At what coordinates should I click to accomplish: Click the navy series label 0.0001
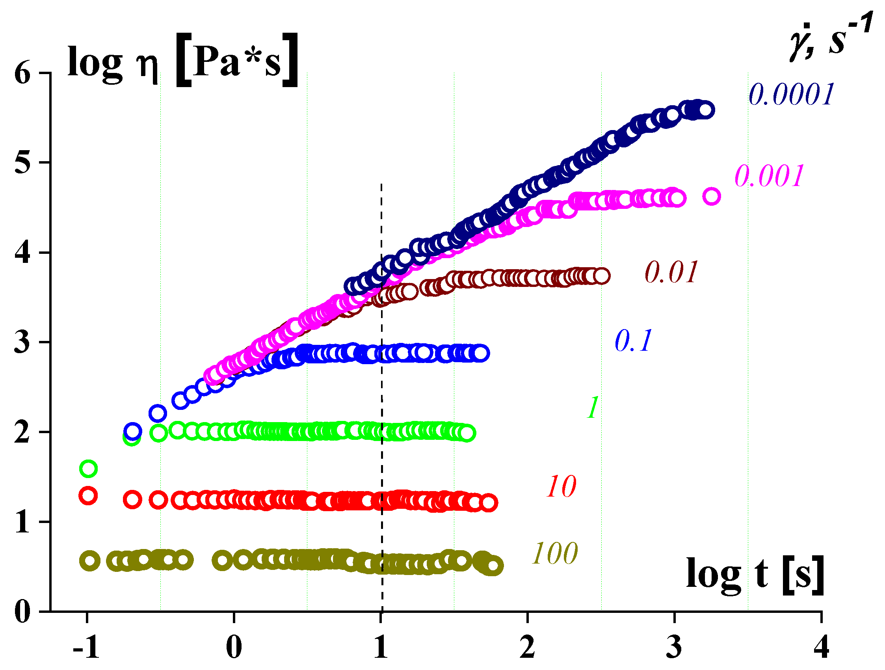(x=791, y=95)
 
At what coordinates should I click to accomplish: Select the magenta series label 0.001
(x=769, y=176)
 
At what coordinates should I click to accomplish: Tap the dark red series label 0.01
(x=671, y=273)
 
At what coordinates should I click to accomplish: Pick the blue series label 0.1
(x=633, y=341)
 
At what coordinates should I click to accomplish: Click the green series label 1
(x=593, y=408)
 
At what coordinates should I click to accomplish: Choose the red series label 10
(x=561, y=487)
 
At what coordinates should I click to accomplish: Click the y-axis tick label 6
(x=22, y=73)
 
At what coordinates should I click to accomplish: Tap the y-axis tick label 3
(x=22, y=342)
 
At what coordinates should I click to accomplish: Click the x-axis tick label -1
(x=86, y=648)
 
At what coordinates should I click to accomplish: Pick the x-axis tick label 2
(x=528, y=648)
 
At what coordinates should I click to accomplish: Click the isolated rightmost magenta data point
(x=711, y=197)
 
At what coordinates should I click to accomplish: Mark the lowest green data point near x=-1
(x=88, y=469)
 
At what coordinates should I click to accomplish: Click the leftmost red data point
(x=88, y=496)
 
